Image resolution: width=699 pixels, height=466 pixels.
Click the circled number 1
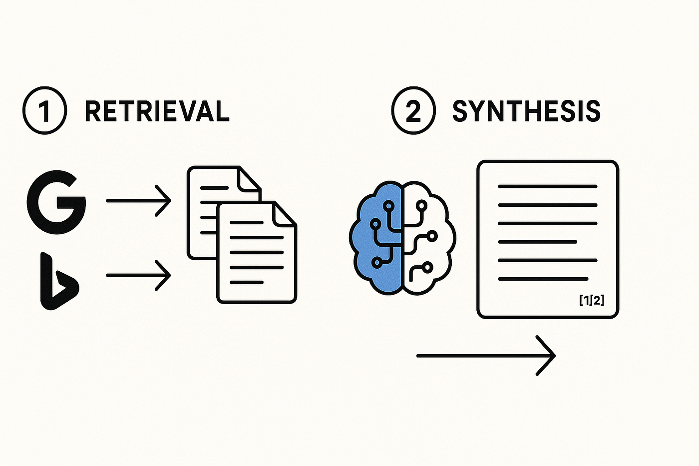[x=44, y=111]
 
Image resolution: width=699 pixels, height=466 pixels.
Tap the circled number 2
[x=413, y=111]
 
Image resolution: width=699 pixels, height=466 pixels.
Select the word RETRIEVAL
[x=157, y=111]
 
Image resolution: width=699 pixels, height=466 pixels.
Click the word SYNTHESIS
[x=526, y=111]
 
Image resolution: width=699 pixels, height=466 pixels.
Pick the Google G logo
[x=56, y=202]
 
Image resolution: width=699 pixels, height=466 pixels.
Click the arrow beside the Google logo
[x=138, y=201]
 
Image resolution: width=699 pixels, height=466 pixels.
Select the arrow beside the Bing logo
[x=138, y=275]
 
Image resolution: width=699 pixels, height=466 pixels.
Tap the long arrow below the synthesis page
[x=484, y=356]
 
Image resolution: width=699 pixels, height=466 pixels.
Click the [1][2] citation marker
[x=592, y=300]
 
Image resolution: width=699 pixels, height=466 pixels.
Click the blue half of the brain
[x=377, y=237]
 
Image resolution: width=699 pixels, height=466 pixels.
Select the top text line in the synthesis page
[x=548, y=187]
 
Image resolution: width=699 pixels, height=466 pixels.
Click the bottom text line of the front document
[x=247, y=283]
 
